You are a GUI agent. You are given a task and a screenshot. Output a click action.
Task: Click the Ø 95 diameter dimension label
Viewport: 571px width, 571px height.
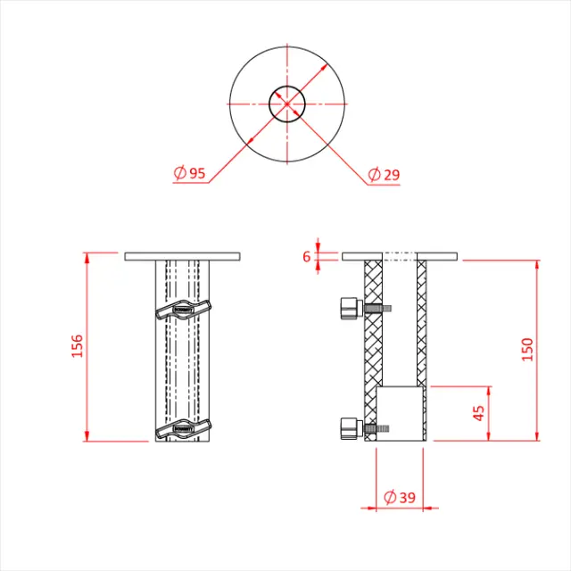[x=190, y=173]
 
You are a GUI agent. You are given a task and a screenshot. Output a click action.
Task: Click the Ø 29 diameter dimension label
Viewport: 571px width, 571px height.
[x=384, y=174]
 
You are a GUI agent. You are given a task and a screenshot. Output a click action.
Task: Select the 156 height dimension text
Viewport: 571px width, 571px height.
[x=76, y=346]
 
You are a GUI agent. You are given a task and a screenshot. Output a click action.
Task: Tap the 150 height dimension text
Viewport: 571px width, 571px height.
[x=527, y=350]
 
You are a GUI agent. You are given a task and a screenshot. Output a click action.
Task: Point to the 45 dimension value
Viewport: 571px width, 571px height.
[x=479, y=414]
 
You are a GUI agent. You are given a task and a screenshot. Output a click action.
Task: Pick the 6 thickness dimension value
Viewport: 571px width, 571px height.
[x=306, y=257]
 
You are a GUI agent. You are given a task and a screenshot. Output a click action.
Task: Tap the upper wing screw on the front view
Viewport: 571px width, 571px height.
[x=182, y=310]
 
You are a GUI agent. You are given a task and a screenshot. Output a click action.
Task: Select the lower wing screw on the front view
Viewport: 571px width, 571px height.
[x=182, y=427]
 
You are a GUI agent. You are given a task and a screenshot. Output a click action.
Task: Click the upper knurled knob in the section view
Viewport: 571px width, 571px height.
[x=350, y=309]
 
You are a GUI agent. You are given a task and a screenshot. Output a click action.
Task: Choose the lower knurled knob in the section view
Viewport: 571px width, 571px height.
[x=350, y=429]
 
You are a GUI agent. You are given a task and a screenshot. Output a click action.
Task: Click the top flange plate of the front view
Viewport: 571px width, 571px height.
[x=183, y=257]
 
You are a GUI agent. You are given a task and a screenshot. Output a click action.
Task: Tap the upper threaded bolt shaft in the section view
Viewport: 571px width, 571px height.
[x=377, y=309]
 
